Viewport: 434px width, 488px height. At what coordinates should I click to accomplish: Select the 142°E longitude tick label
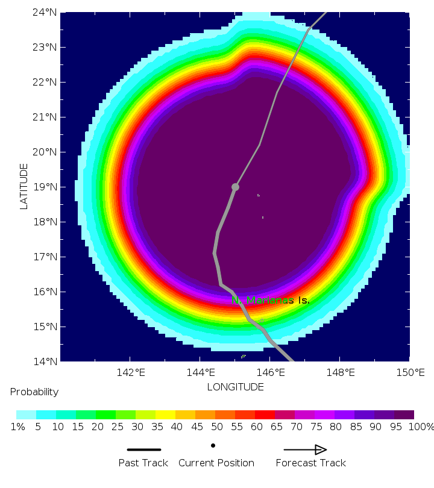[131, 372]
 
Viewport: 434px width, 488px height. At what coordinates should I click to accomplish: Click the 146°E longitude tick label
[270, 372]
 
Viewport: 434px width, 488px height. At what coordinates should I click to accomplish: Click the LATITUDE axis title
[24, 186]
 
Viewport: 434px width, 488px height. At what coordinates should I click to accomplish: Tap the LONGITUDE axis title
[235, 387]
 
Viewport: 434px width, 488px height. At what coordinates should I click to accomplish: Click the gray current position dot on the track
[235, 187]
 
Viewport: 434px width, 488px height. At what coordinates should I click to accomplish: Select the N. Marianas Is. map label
[271, 300]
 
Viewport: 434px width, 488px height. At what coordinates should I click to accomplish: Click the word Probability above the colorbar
[34, 392]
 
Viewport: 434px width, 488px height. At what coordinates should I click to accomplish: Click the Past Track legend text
[143, 463]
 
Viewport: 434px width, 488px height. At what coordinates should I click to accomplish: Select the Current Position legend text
[216, 463]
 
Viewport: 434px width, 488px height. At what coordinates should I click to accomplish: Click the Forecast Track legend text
[311, 463]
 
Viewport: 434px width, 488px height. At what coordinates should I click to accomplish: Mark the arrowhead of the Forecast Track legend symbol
[321, 449]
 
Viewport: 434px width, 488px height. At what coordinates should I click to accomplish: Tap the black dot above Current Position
[213, 446]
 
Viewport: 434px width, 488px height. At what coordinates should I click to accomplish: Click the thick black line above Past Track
[144, 449]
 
